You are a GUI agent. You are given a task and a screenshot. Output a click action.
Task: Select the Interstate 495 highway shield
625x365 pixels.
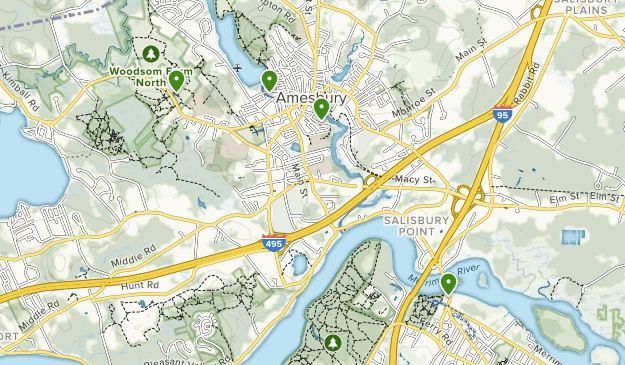pos(274,242)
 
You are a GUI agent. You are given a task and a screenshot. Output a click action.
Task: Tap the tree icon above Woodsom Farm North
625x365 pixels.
pos(150,53)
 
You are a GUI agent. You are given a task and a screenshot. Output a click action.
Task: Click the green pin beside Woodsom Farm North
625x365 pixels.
pos(176,79)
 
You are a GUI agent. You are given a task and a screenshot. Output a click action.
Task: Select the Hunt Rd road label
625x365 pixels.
pos(140,287)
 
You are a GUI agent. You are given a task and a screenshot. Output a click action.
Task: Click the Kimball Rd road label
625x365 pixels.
pos(18,89)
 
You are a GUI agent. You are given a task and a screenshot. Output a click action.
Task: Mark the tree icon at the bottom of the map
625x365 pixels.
pos(332,342)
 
